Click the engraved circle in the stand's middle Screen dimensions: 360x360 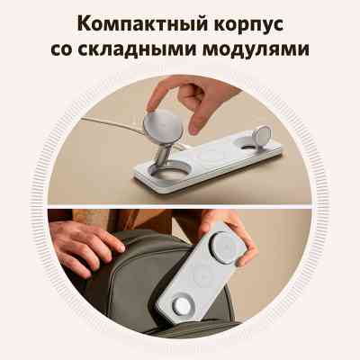211,156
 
